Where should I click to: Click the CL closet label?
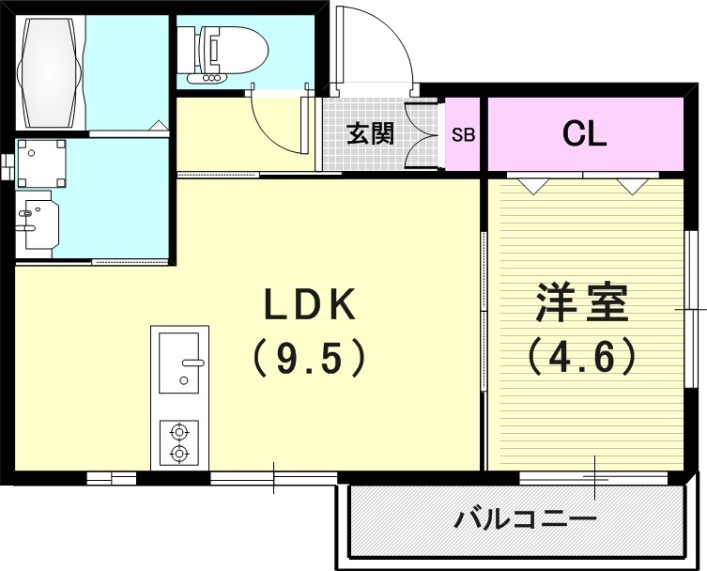coord(584,133)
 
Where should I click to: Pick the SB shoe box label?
coord(464,134)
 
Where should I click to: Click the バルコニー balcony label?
coord(526,518)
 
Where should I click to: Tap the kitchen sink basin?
coord(178,362)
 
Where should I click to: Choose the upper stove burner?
coord(178,432)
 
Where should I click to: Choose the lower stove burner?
coord(178,454)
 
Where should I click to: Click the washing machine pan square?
coord(42,163)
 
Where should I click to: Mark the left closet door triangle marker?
coord(532,185)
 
